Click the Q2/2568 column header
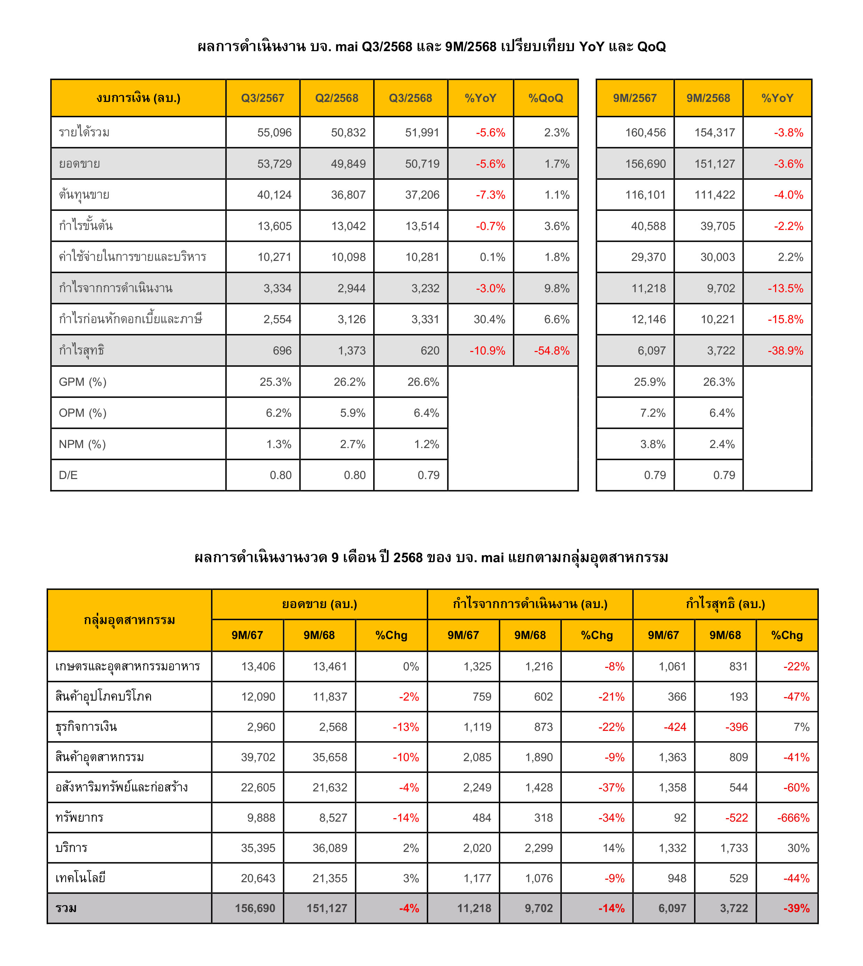337,98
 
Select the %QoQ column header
546,98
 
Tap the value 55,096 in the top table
274,133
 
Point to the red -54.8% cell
551,351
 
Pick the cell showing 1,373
351,351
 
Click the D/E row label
68,475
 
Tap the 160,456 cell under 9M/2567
645,133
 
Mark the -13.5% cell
785,288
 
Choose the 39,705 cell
718,226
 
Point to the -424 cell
675,727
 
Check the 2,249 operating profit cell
477,787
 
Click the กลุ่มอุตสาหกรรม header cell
129,620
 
